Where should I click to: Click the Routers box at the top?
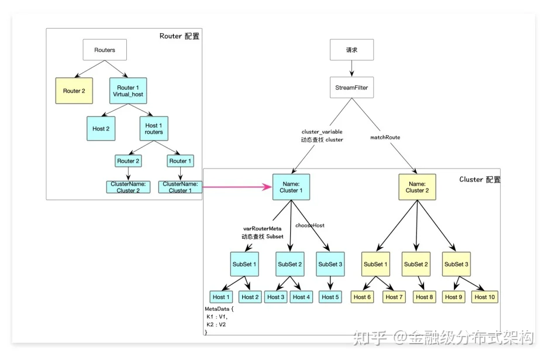(105, 50)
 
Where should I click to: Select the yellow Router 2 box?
(74, 91)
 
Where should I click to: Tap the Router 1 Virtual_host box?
(128, 91)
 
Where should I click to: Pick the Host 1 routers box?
(154, 128)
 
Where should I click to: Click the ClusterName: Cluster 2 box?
(128, 187)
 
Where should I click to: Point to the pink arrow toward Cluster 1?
(237, 187)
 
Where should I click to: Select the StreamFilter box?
(351, 87)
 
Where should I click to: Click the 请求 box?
(351, 50)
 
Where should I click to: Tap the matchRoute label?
(385, 138)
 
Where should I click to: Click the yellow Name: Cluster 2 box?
(418, 187)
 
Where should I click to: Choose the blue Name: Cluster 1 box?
(291, 187)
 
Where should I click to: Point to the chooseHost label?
(309, 225)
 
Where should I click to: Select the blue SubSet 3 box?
(330, 264)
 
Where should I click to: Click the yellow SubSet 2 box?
(416, 264)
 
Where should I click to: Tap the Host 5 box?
(330, 297)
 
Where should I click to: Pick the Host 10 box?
(484, 297)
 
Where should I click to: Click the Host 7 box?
(394, 297)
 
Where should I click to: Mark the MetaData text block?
(219, 320)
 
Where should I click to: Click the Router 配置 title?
(180, 36)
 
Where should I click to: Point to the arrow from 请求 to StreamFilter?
(351, 68)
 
